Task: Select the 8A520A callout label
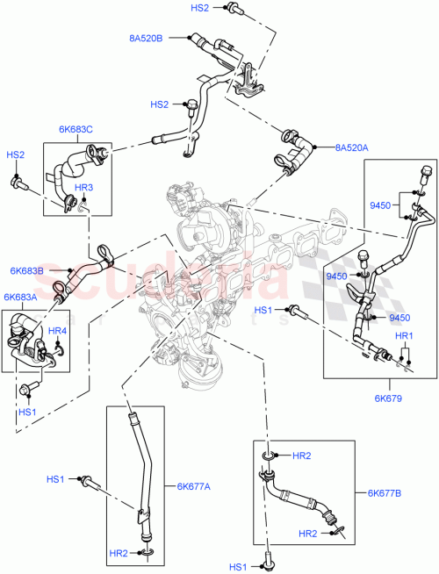tap(350, 148)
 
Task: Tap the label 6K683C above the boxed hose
tap(76, 130)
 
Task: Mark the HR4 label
tap(58, 331)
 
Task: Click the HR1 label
tap(403, 337)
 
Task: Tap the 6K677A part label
tap(194, 485)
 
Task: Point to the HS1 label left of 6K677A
tap(56, 479)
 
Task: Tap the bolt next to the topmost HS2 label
tap(232, 9)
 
